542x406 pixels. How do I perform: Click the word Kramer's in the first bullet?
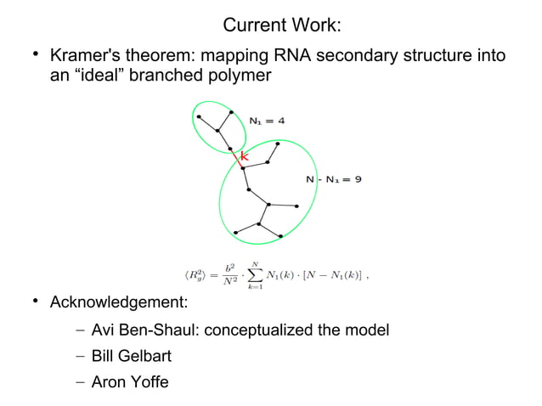tap(88, 57)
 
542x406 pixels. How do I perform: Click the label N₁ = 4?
tap(267, 120)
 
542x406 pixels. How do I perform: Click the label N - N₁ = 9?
tap(334, 179)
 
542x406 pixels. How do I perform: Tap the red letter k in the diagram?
tap(245, 155)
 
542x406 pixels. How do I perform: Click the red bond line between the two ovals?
tap(239, 160)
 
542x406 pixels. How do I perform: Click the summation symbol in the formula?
tap(252, 274)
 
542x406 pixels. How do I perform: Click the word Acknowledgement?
tap(119, 303)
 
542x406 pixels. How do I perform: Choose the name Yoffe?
tap(147, 382)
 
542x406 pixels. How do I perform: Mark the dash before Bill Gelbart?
tap(79, 356)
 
